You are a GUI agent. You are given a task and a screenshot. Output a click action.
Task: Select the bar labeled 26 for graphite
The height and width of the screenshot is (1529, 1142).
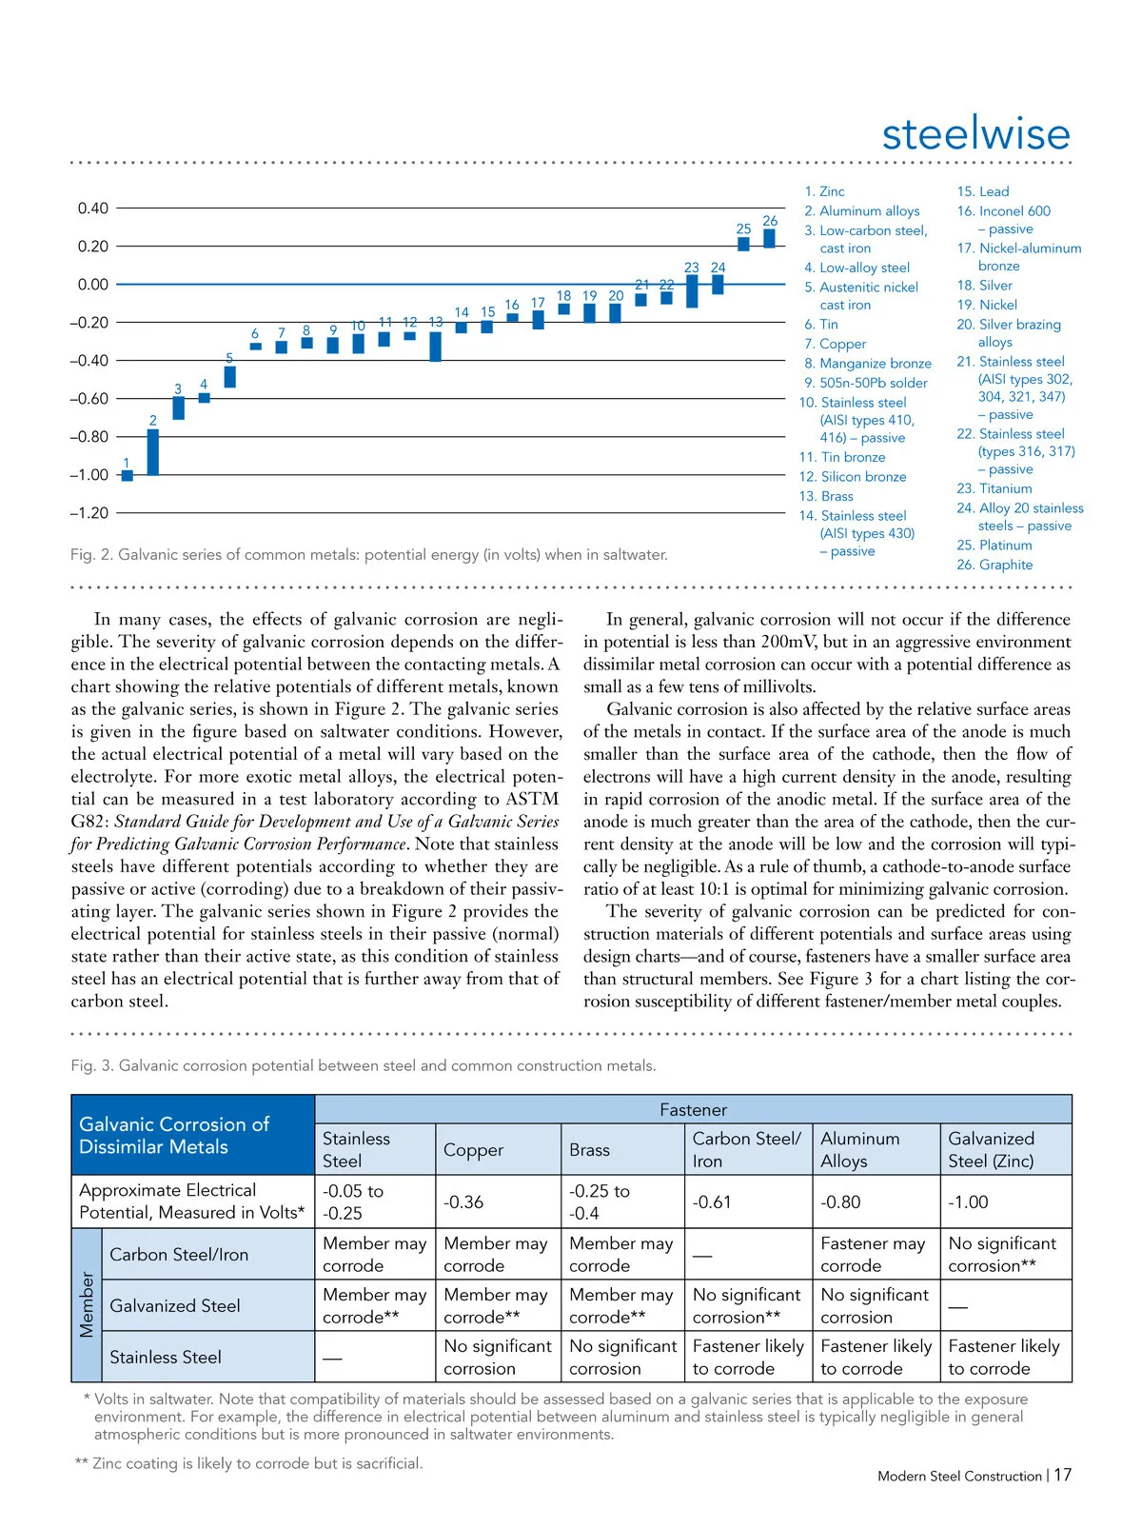coord(770,238)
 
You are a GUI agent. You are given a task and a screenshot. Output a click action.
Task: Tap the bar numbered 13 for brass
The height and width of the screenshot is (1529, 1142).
coord(435,346)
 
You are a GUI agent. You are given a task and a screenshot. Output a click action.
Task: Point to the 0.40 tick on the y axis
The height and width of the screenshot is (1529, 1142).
coord(92,208)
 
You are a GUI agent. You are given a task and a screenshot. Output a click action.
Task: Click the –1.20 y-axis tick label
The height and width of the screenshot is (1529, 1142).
coord(89,512)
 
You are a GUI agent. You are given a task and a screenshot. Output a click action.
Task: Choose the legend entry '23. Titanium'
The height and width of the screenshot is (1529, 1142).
coord(994,488)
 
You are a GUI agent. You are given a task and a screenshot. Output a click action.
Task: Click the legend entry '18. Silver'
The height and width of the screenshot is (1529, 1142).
coord(984,285)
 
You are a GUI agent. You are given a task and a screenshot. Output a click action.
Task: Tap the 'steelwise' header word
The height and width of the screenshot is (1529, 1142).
coord(975,133)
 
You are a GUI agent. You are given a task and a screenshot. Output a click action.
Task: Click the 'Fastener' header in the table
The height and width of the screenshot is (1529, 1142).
coord(693,1110)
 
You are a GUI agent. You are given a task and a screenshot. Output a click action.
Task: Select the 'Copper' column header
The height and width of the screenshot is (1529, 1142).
coord(473,1150)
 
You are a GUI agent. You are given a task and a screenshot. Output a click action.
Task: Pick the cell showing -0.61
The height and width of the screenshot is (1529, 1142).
coord(712,1202)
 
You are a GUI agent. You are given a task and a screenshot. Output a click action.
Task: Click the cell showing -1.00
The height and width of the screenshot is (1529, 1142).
coord(968,1202)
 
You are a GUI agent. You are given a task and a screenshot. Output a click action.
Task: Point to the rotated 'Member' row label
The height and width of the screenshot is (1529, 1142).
coord(87,1305)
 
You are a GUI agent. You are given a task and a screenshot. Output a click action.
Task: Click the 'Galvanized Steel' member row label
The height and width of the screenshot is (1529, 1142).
coord(175,1306)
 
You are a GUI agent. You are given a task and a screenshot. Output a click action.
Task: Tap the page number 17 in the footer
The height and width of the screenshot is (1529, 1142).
coord(1062,1475)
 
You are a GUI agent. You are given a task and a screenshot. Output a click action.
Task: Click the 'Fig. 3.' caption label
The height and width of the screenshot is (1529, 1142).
coord(92,1065)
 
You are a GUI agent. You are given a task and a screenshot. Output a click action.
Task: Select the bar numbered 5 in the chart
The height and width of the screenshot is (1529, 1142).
coord(229,376)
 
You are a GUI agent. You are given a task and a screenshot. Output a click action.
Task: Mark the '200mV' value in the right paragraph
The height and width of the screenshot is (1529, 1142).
coord(788,642)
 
